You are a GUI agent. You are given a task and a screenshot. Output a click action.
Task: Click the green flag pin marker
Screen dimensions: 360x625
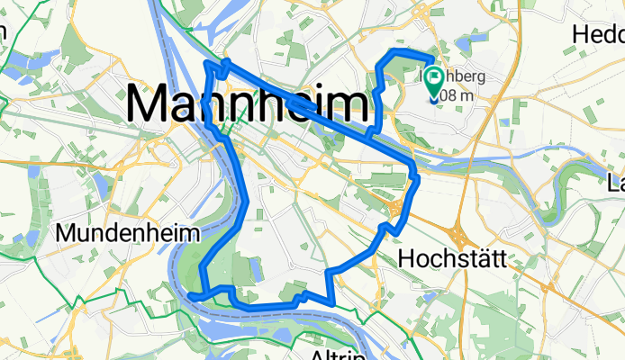coord(434,81)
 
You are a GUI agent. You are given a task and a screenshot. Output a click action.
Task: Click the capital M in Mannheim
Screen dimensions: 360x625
coord(149,103)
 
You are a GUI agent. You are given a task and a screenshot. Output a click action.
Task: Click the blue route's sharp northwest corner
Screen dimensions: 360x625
coord(209,66)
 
